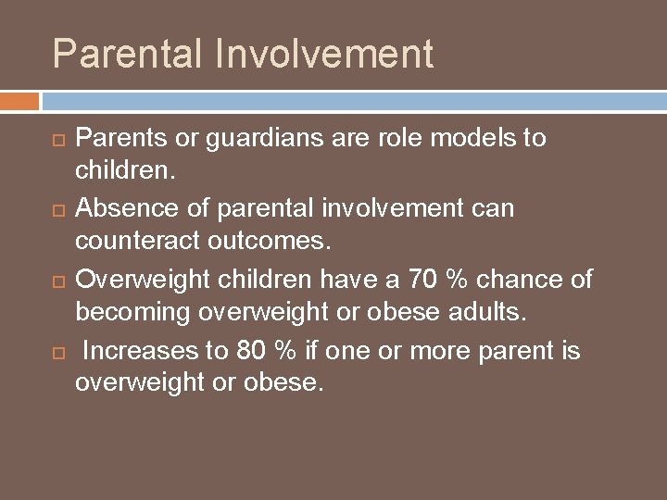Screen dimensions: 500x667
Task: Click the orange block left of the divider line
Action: [19, 100]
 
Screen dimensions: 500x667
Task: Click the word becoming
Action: [132, 313]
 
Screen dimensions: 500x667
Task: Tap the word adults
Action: [483, 313]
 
